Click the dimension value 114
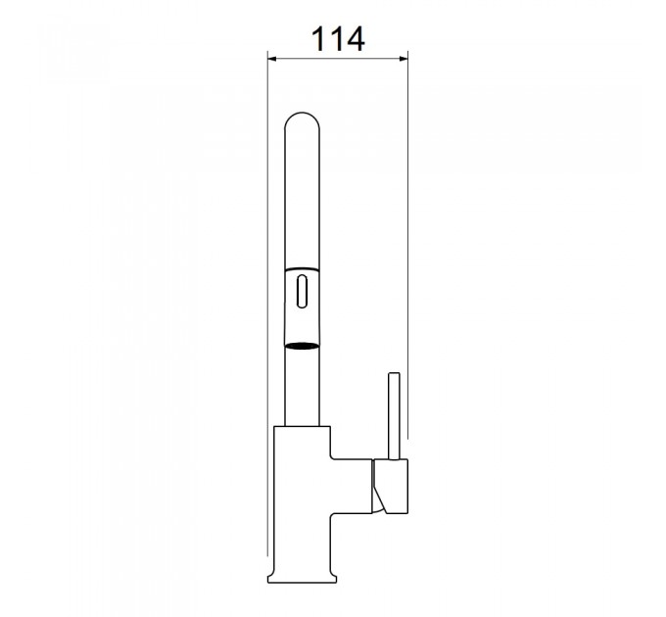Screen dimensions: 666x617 pos(338,39)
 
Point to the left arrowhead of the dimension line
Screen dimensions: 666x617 pos(272,59)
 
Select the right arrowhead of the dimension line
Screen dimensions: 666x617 pos(404,59)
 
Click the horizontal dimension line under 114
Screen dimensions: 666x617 pos(338,59)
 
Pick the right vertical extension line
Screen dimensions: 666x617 pos(407,244)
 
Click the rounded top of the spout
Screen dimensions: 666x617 pos(302,119)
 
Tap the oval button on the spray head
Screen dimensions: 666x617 pos(302,291)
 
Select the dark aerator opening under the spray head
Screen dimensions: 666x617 pos(302,346)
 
